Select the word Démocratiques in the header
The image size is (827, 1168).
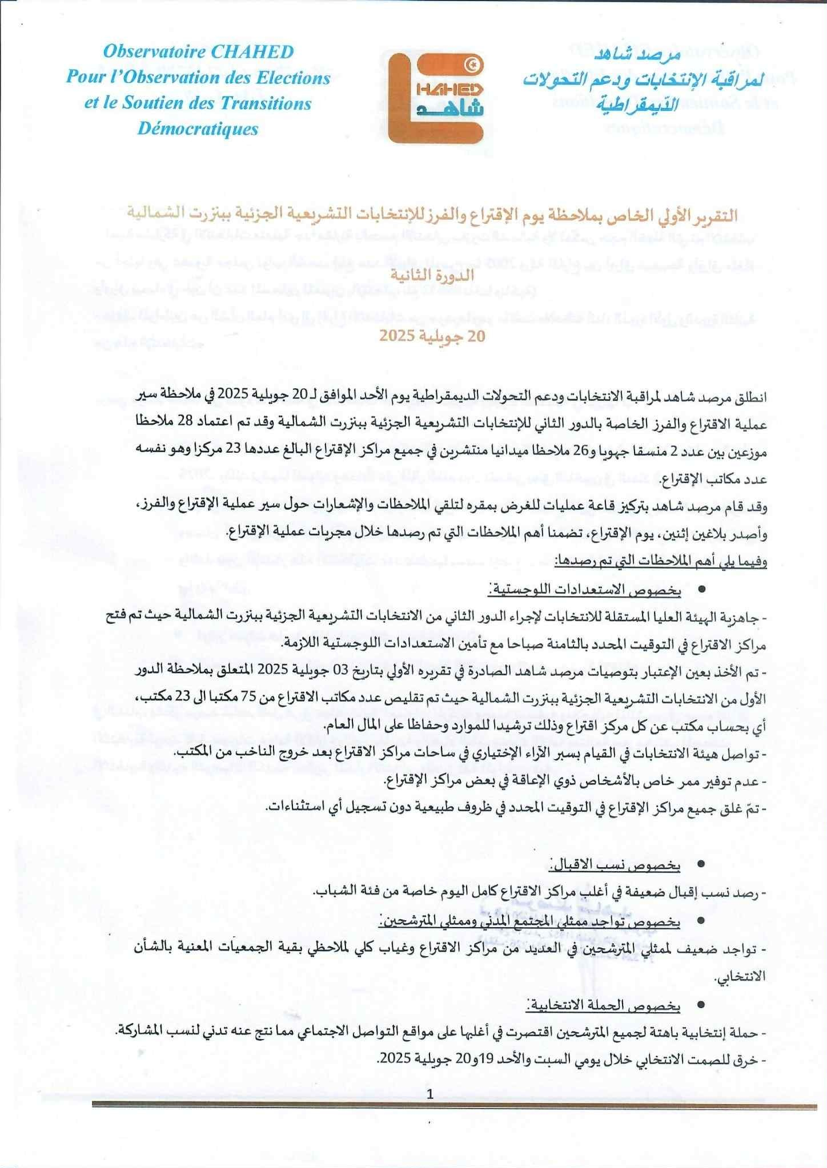[198, 128]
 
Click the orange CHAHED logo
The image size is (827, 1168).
[437, 94]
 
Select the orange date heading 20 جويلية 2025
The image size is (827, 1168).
[432, 336]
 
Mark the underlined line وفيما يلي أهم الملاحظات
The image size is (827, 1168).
[661, 561]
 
